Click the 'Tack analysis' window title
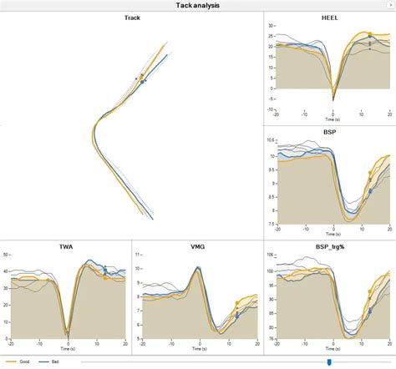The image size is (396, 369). coord(198,5)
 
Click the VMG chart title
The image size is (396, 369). coord(198,246)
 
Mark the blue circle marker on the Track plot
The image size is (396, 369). coord(143,82)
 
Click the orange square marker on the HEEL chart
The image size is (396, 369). coord(370,35)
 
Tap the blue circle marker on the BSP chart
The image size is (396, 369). coord(370,191)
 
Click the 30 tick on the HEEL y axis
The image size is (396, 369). coord(272,26)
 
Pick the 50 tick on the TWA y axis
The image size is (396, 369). coord(6,254)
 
